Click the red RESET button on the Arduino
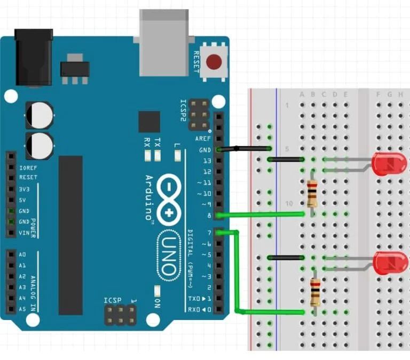coord(214,62)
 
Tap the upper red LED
coord(389,164)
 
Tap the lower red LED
coord(390,263)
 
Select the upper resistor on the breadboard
coord(312,193)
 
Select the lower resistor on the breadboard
coord(316,292)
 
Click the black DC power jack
coord(33,57)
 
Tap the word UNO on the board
coord(169,256)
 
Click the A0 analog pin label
coord(22,255)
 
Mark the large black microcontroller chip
coord(70,235)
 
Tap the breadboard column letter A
coord(302,95)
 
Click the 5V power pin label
coord(23,200)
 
